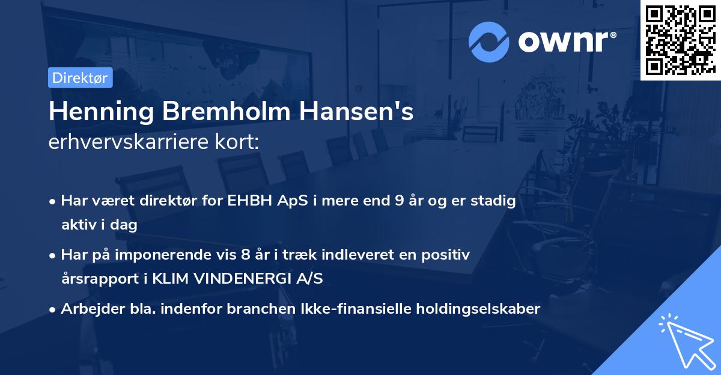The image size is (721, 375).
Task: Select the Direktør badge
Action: (80, 78)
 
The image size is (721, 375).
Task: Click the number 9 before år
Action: (399, 201)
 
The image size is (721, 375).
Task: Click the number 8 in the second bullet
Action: (245, 255)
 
